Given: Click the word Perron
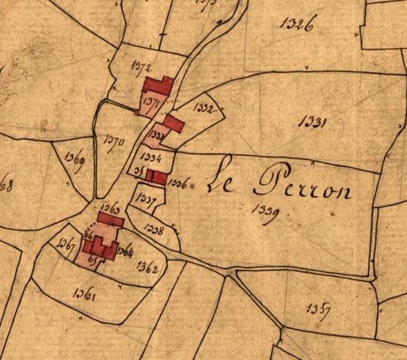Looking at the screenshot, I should [x=302, y=184].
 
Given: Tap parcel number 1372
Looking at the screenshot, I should [x=142, y=66].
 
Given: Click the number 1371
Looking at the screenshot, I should [x=149, y=102].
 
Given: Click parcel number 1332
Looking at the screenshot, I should [x=205, y=108].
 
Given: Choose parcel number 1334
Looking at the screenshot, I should [x=151, y=157].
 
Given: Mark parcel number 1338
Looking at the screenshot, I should [x=153, y=229].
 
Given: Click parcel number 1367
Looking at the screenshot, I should [x=67, y=244].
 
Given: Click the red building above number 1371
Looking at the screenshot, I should [x=158, y=86].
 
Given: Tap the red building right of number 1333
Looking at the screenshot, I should [x=174, y=124].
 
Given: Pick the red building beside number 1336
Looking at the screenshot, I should [x=158, y=177].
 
